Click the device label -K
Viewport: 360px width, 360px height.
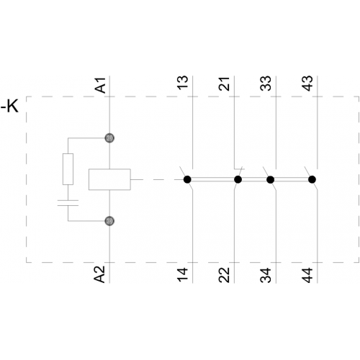[9, 106]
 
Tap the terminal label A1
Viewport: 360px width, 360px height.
[101, 85]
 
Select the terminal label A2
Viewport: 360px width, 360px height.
[99, 274]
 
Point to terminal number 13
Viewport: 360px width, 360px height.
[183, 83]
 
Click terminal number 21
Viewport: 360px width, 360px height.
[224, 84]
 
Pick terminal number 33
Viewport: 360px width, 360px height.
[266, 84]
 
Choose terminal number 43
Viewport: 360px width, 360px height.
[307, 84]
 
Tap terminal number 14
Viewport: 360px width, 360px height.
[183, 275]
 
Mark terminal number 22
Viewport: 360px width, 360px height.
[224, 275]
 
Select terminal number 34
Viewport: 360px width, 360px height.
[266, 275]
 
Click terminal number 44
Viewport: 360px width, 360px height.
[307, 275]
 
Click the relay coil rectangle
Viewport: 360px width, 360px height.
[109, 179]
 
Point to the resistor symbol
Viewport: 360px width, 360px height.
[68, 169]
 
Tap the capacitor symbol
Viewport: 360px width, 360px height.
[68, 203]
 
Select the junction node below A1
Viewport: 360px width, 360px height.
[109, 138]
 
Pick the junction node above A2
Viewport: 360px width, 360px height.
[109, 221]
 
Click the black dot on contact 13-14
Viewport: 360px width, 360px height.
[187, 179]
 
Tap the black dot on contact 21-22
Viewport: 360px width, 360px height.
[238, 179]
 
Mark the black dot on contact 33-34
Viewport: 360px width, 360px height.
[271, 179]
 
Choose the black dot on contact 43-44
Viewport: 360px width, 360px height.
[312, 179]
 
